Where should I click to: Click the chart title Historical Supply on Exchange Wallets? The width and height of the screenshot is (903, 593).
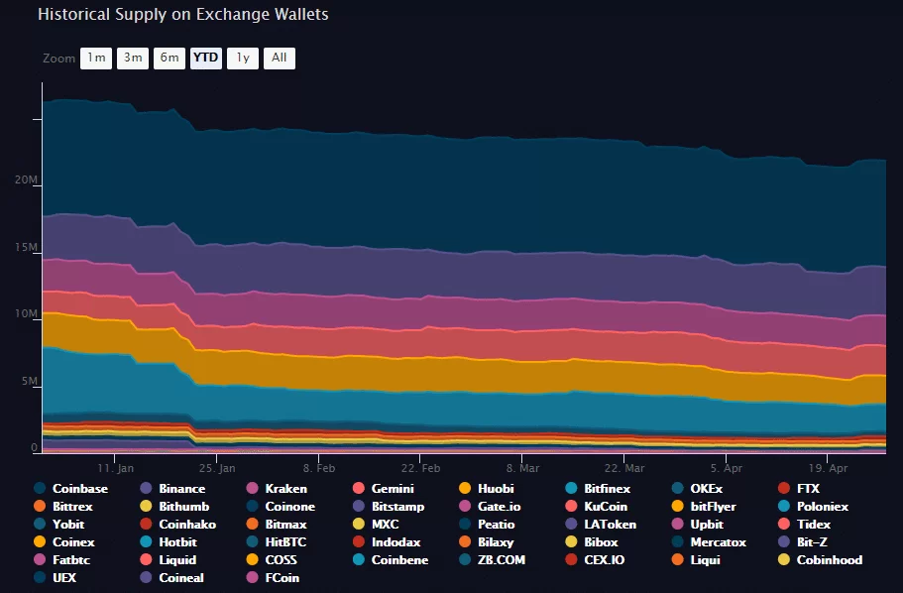point(182,15)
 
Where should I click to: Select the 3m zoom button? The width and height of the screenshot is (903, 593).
point(132,58)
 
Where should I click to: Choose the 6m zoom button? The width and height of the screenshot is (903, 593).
point(169,58)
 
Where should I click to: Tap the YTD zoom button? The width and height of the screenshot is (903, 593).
point(205,58)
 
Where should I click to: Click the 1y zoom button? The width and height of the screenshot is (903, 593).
point(242,58)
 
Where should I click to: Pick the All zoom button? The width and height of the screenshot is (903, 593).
point(279,58)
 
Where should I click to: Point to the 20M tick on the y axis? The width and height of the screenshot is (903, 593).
point(27,180)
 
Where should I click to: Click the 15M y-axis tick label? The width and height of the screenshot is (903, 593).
point(27,248)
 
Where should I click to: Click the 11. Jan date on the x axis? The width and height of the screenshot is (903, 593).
point(116,467)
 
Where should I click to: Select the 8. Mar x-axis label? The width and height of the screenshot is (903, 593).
point(522,467)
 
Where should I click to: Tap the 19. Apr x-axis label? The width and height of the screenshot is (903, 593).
point(829,467)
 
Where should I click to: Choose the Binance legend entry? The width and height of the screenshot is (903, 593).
point(181,489)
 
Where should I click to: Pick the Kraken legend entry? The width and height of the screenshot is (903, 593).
point(284,489)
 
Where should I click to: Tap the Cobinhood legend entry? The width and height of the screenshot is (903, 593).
point(829,560)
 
